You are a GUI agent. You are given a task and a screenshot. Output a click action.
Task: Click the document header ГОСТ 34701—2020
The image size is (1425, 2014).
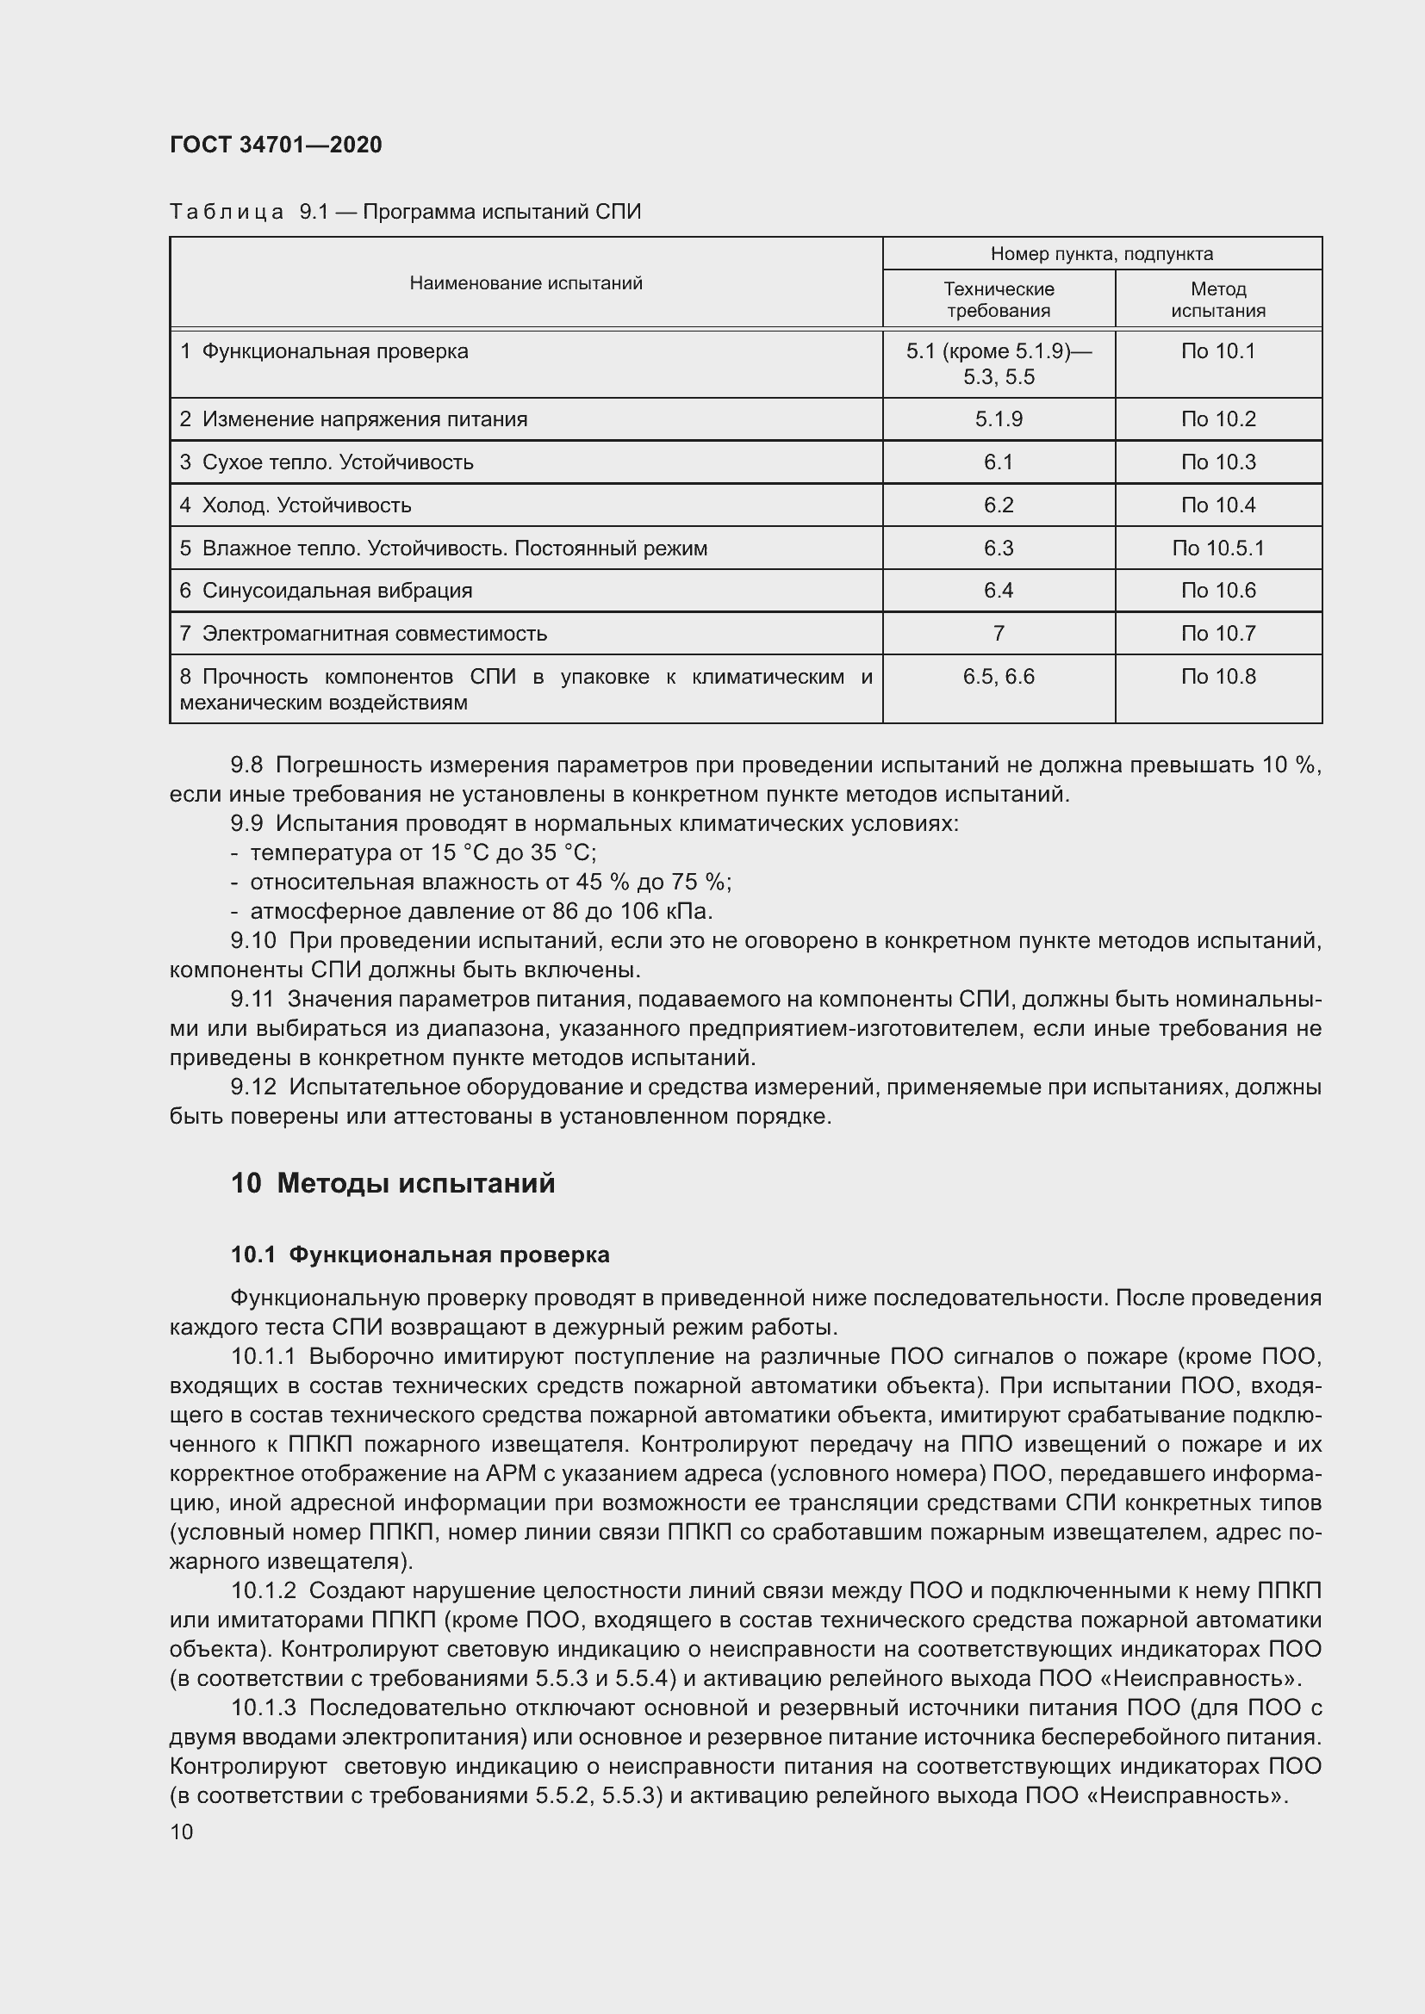(x=276, y=145)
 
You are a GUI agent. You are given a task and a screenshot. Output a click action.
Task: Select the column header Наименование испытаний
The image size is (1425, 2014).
(x=526, y=282)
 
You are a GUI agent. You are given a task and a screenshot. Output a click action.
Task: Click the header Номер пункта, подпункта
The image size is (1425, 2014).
(x=1101, y=253)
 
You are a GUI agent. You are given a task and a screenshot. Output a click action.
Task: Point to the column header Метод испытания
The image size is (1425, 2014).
(x=1218, y=299)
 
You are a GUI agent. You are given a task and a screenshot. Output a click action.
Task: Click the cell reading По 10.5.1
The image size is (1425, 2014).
(x=1218, y=548)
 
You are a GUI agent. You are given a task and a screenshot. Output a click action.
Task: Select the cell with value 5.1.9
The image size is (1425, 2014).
(x=999, y=419)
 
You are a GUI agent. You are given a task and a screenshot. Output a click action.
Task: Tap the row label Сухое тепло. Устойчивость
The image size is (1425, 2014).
(x=338, y=462)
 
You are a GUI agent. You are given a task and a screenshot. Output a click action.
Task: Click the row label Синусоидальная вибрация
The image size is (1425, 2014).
(x=337, y=591)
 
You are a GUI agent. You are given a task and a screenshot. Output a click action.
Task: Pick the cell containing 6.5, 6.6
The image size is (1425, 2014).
(x=999, y=676)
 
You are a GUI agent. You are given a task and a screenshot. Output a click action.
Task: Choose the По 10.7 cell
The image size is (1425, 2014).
(x=1218, y=634)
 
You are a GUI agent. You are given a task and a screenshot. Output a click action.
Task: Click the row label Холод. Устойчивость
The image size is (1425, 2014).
(x=306, y=505)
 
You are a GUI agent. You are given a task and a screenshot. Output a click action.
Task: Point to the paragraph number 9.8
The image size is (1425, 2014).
(x=246, y=765)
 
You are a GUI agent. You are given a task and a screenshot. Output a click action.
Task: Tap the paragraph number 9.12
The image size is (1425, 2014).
(x=252, y=1087)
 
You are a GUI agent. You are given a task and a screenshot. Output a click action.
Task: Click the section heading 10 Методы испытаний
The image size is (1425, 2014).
(x=392, y=1183)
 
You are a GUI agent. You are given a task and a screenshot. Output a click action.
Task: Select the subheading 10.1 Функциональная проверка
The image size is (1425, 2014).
(x=420, y=1255)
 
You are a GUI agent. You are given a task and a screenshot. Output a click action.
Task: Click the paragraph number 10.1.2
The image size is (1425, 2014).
(x=264, y=1590)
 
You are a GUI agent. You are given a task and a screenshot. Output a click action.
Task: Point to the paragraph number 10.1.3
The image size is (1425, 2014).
(x=264, y=1707)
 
